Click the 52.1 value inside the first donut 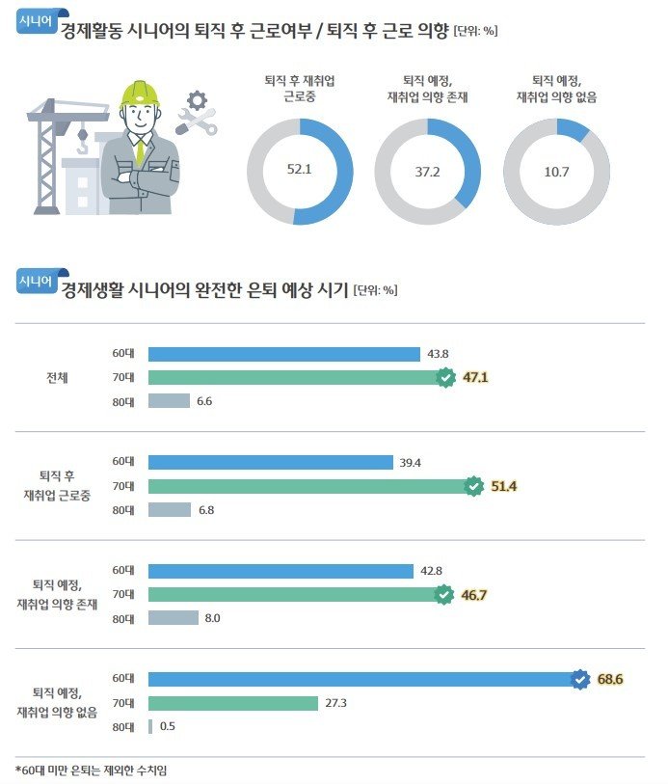point(301,170)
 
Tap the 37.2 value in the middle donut point(427,171)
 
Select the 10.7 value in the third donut point(555,171)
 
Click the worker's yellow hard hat point(140,94)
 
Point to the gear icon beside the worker point(198,99)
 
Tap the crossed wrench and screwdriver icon point(197,122)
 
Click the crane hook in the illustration point(83,146)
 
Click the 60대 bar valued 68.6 point(363,680)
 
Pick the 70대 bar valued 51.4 point(309,486)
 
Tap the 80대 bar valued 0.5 point(150,726)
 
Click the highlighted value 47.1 point(476,378)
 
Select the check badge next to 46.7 point(443,595)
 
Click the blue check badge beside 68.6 point(579,680)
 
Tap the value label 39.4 point(412,463)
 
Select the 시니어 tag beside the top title point(37,24)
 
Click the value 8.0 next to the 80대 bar point(213,618)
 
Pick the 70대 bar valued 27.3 point(233,703)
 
